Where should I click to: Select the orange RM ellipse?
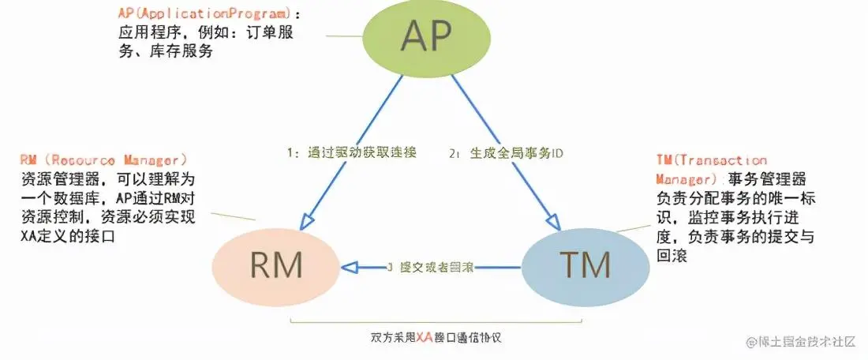click(277, 265)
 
